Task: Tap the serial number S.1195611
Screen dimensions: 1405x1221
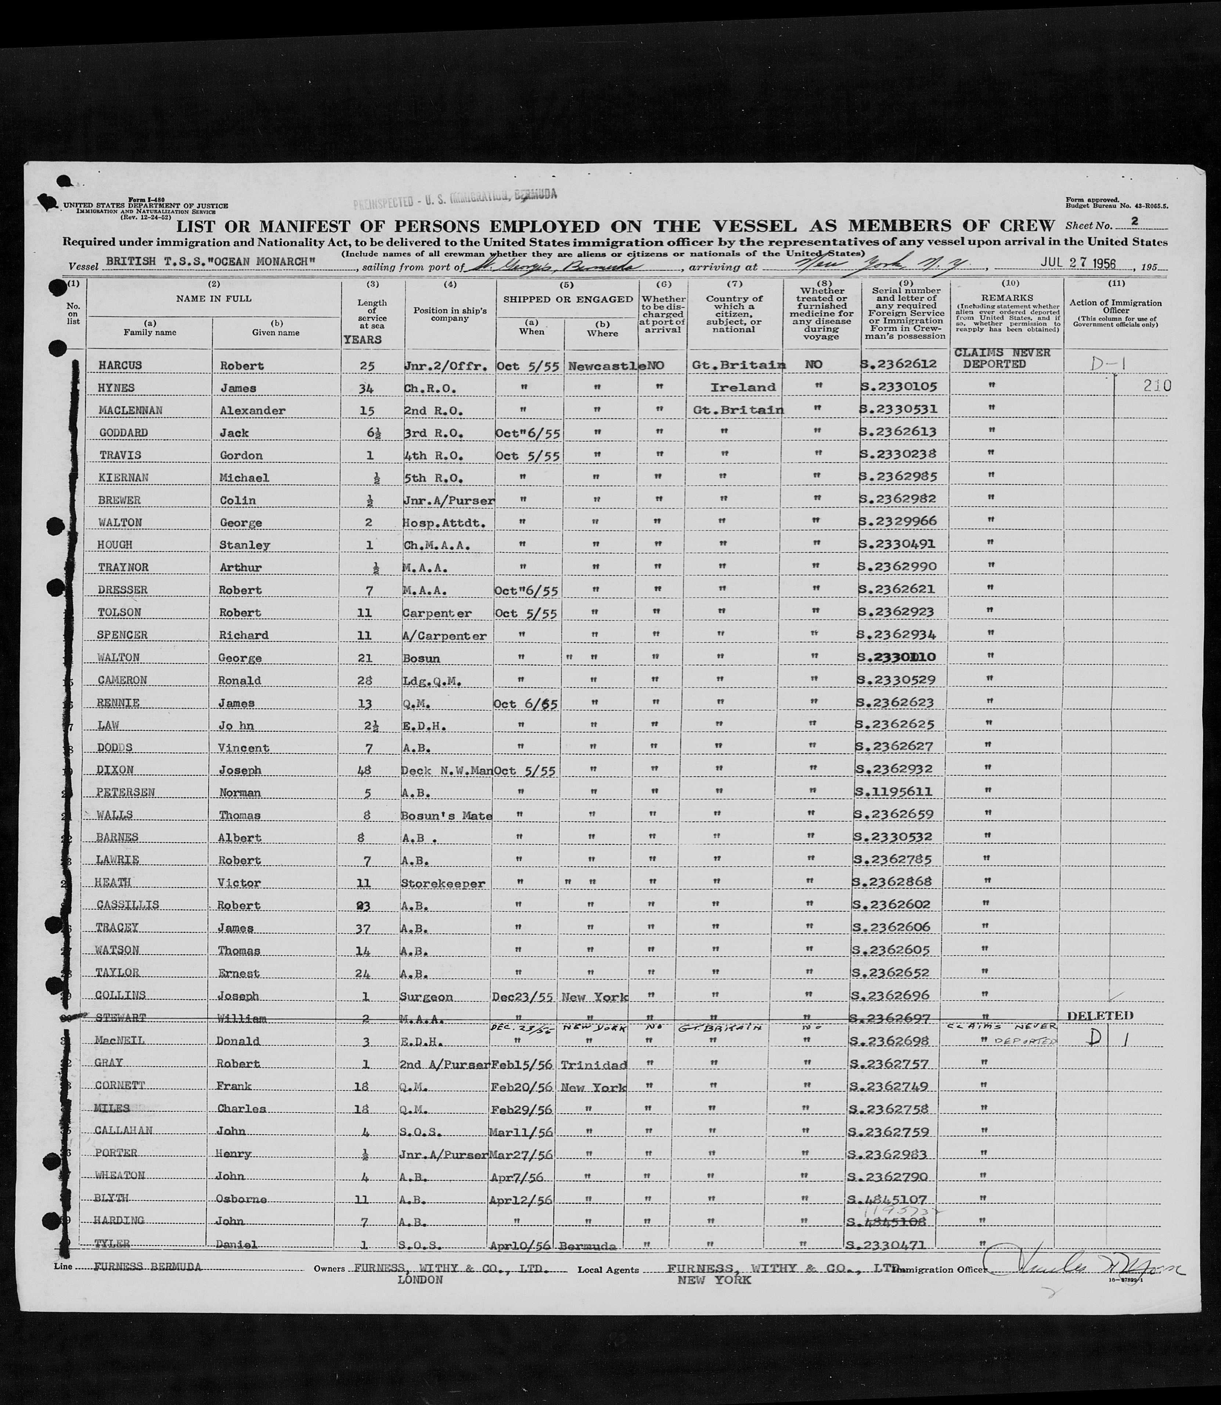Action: click(894, 792)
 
